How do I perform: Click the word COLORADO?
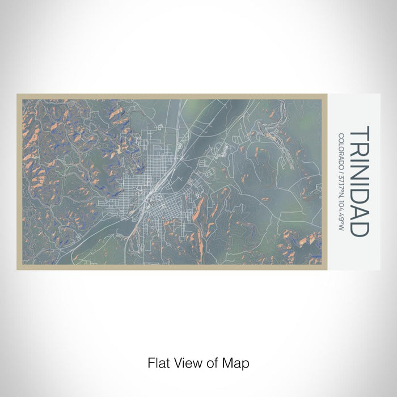pyautogui.click(x=341, y=150)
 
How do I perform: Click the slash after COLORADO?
pyautogui.click(x=341, y=170)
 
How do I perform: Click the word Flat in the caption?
pyautogui.click(x=158, y=362)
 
